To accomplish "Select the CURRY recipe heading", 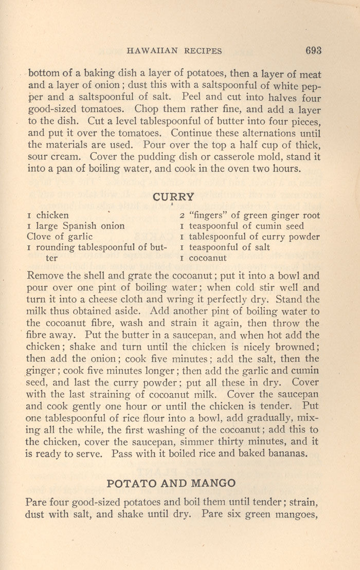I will [x=174, y=196].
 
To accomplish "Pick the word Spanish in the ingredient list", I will [x=82, y=226].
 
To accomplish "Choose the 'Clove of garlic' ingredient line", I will [x=59, y=236].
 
